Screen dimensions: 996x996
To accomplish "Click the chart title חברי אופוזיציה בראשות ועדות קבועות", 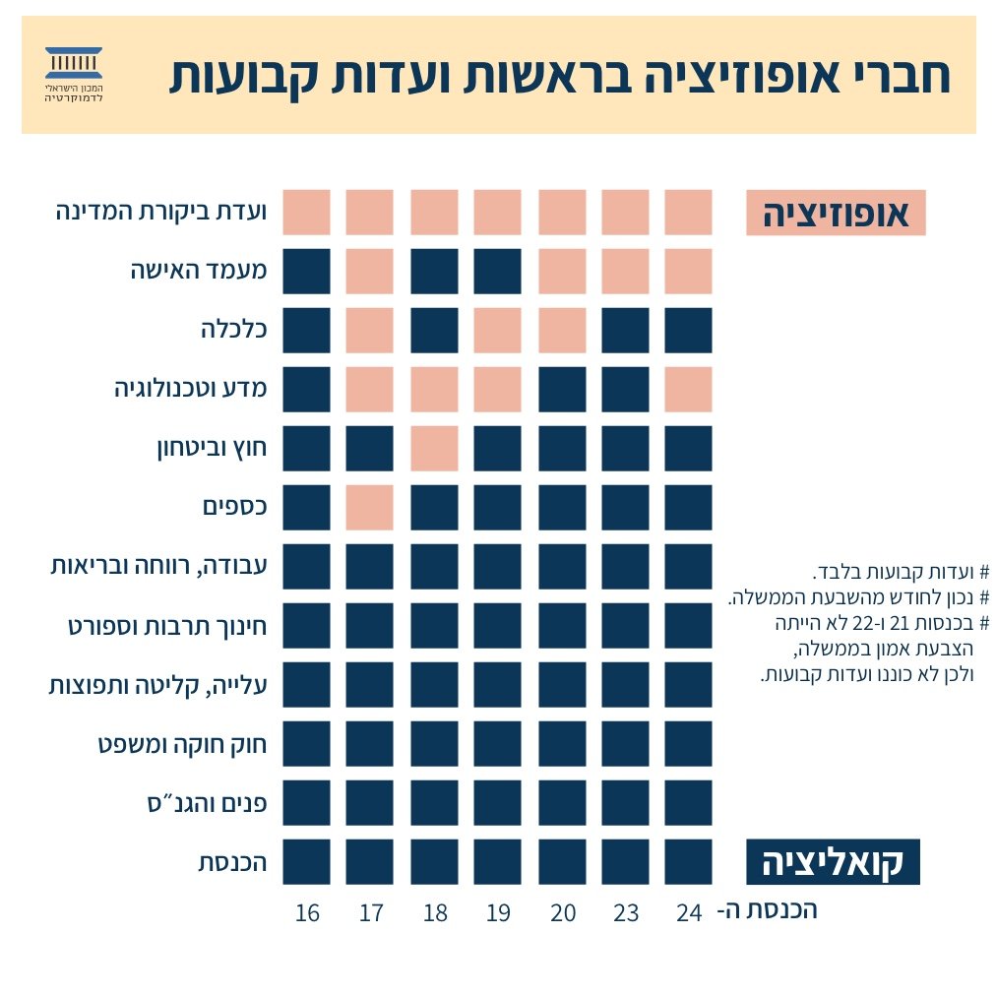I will (559, 76).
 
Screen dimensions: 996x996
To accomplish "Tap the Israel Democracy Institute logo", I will (75, 75).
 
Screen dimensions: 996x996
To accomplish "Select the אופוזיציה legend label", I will (836, 213).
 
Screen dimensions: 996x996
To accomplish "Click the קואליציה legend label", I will (833, 862).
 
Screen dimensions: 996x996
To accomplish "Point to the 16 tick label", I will (307, 913).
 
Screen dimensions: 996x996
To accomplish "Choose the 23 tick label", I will (626, 913).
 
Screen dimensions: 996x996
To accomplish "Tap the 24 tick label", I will (689, 913).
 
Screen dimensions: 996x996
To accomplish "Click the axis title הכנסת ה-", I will (768, 910).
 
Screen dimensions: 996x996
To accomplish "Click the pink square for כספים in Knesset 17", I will (370, 508).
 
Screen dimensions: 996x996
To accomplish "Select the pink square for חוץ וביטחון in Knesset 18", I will (434, 449).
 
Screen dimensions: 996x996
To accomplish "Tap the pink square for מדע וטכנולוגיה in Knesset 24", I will (688, 390).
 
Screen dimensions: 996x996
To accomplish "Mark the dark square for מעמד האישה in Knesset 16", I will (306, 272).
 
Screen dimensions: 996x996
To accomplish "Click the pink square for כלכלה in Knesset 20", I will (562, 331).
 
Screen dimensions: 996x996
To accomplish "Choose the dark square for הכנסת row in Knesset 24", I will (688, 862).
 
